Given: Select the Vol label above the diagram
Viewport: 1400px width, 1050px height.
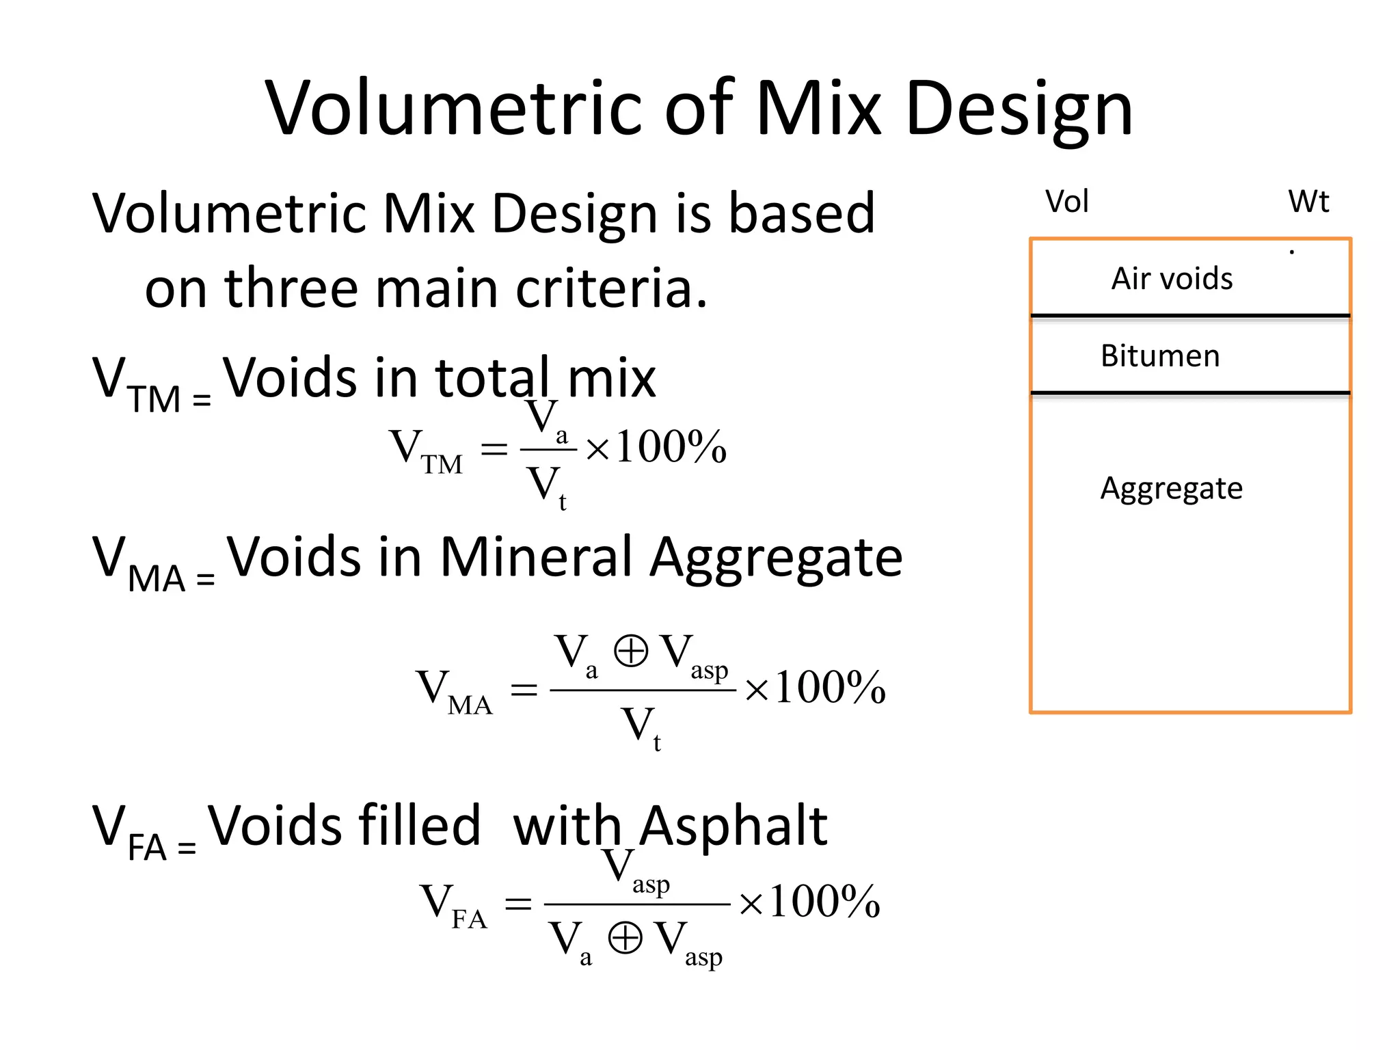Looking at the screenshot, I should point(1066,202).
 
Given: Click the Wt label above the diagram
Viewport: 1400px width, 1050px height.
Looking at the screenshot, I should point(1308,202).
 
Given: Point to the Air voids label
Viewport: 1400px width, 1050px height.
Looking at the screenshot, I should point(1172,279).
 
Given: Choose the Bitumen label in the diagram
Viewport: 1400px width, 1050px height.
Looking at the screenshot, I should point(1160,356).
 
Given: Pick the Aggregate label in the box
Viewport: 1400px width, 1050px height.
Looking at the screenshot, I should point(1171,489).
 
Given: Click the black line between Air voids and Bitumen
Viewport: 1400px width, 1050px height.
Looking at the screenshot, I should point(1190,316).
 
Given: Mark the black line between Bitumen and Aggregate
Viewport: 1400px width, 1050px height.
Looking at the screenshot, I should point(1190,393).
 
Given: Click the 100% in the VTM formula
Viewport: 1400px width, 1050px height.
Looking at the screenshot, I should point(670,448).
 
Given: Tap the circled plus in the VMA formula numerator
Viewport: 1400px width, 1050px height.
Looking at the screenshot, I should point(630,650).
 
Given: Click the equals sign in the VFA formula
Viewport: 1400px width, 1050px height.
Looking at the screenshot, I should point(517,904).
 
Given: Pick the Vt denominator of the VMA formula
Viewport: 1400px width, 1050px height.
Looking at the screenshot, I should point(641,727).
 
